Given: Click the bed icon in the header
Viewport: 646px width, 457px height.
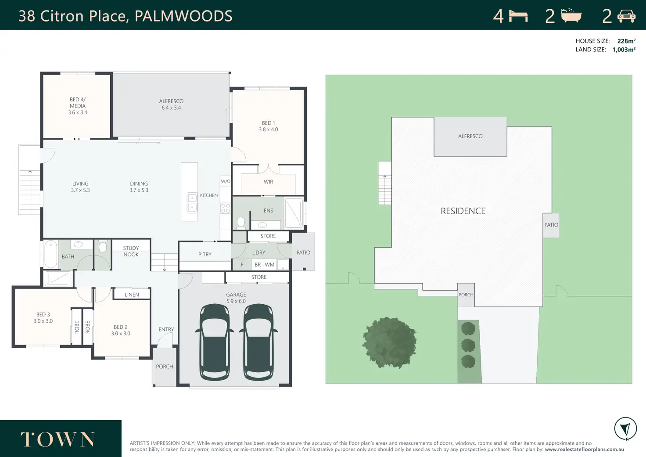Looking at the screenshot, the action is tap(518, 16).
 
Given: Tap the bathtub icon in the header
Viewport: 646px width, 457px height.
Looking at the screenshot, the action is tap(571, 15).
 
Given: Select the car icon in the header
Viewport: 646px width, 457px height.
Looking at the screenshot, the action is tap(626, 16).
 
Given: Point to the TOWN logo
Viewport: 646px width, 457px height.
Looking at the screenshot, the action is tap(57, 439).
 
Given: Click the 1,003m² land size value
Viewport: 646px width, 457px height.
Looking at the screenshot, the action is tap(624, 50).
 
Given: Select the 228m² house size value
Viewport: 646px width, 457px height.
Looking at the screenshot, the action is tap(626, 41).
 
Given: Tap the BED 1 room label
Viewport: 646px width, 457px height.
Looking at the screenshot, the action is tap(268, 123).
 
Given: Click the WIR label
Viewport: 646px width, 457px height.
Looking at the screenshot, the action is tap(268, 182).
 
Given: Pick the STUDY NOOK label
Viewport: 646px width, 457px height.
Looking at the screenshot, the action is tap(131, 251).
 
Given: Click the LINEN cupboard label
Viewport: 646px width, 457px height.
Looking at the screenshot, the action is tap(132, 295).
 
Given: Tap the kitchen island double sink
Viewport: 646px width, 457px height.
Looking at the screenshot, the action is tap(192, 203).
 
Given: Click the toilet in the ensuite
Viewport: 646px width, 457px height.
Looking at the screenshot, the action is tap(241, 223).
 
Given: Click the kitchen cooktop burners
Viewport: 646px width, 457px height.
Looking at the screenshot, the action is tap(226, 208).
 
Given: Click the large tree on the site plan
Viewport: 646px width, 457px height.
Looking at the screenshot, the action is tap(389, 342).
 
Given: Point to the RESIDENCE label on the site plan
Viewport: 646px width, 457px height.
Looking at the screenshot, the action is tap(463, 211).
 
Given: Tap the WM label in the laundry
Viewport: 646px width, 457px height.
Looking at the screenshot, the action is tap(269, 265).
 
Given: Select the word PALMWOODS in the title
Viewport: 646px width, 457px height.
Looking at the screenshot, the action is tap(183, 16).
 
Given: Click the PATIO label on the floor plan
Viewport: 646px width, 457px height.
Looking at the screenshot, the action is tap(303, 252).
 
